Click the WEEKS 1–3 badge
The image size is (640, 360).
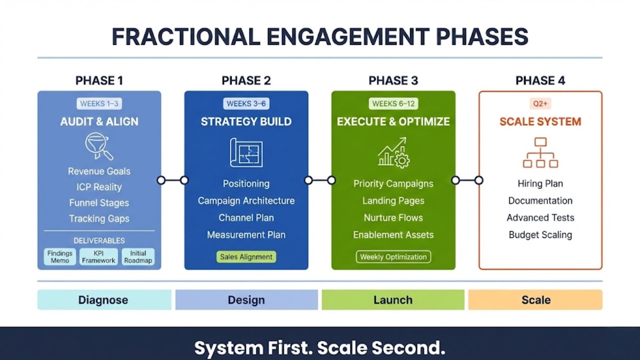99,104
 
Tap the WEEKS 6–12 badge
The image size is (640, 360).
393,104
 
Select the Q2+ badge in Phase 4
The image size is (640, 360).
540,104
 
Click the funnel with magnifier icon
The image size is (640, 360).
98,146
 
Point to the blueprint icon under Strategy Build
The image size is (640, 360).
246,152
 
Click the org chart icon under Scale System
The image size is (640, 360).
540,152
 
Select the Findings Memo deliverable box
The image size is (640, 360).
60,257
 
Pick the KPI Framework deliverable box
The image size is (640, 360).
98,257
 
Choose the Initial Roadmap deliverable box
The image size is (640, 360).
138,257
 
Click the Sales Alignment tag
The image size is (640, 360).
246,257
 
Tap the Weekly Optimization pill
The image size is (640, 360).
393,257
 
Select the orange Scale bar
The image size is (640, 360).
535,300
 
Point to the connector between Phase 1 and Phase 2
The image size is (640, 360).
173,180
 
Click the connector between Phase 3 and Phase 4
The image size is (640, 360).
467,180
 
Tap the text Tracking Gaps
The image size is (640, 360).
99,219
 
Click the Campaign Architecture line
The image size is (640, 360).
246,201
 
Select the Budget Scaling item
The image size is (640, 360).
540,235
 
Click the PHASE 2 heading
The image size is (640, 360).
246,81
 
